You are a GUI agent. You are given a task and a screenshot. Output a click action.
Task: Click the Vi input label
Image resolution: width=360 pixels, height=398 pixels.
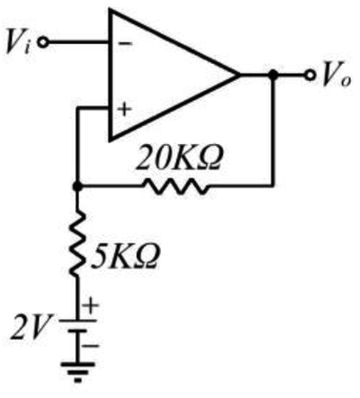[19, 43]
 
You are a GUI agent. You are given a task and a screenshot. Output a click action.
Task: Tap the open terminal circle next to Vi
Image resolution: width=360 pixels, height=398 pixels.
[43, 42]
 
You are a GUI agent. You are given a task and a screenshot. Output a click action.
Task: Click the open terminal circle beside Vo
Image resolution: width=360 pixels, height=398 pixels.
[310, 75]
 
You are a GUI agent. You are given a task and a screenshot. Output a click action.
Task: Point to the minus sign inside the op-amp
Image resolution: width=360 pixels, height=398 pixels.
[125, 43]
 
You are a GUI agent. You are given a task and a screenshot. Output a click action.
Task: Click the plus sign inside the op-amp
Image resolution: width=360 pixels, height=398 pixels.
[124, 109]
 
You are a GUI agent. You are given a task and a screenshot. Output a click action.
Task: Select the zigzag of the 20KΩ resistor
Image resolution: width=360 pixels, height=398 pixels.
[175, 186]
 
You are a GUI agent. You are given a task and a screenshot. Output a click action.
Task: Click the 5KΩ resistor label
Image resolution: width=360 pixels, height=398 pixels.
[124, 257]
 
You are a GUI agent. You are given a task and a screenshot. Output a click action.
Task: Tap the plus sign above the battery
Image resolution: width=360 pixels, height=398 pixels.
[90, 305]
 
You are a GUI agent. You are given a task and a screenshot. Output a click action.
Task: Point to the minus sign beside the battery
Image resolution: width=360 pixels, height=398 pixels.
[90, 346]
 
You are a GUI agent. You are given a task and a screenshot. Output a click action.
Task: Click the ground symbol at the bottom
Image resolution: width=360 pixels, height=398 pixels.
[77, 372]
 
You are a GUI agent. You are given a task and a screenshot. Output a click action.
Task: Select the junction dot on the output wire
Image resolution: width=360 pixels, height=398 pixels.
[273, 75]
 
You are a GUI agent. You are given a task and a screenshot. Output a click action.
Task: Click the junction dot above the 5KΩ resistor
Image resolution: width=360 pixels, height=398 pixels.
[77, 186]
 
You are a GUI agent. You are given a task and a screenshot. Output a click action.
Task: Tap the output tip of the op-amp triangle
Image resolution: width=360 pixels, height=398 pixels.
[239, 75]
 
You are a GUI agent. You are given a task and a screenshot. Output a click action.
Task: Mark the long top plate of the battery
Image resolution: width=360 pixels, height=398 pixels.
[77, 321]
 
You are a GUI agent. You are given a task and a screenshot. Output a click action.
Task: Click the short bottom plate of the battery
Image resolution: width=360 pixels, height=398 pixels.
[77, 330]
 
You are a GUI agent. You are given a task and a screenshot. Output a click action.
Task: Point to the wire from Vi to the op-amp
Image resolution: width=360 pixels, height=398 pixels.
[78, 42]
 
